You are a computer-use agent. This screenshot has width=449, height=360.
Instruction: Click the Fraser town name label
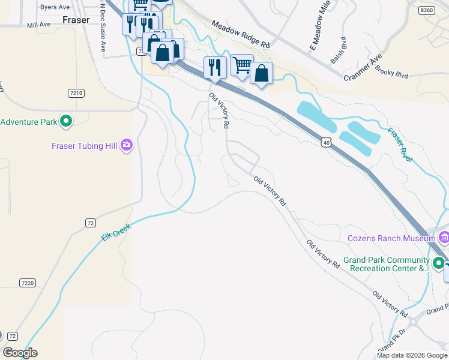click(x=76, y=20)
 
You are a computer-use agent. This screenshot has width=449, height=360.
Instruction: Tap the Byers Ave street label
click(x=53, y=7)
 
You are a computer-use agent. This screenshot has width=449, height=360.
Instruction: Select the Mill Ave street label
click(x=39, y=25)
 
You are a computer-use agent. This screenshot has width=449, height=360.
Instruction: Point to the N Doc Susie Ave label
click(x=103, y=28)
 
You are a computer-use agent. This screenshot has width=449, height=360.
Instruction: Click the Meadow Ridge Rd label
click(x=240, y=34)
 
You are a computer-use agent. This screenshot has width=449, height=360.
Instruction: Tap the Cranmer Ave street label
click(x=363, y=68)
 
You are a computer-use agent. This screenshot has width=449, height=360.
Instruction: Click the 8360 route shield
click(x=427, y=10)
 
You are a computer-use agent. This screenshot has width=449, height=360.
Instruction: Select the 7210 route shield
click(x=76, y=93)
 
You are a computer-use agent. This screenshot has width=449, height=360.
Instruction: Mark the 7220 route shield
click(x=26, y=283)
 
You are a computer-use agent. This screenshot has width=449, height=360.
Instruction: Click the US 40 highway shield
click(x=325, y=142)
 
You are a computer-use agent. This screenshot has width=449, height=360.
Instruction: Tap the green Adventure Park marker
click(x=66, y=122)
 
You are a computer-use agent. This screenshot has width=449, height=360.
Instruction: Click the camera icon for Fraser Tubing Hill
click(x=126, y=145)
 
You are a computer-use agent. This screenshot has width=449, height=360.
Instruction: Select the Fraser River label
click(x=400, y=145)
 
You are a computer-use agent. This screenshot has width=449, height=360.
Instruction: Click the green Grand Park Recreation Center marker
click(x=439, y=263)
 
